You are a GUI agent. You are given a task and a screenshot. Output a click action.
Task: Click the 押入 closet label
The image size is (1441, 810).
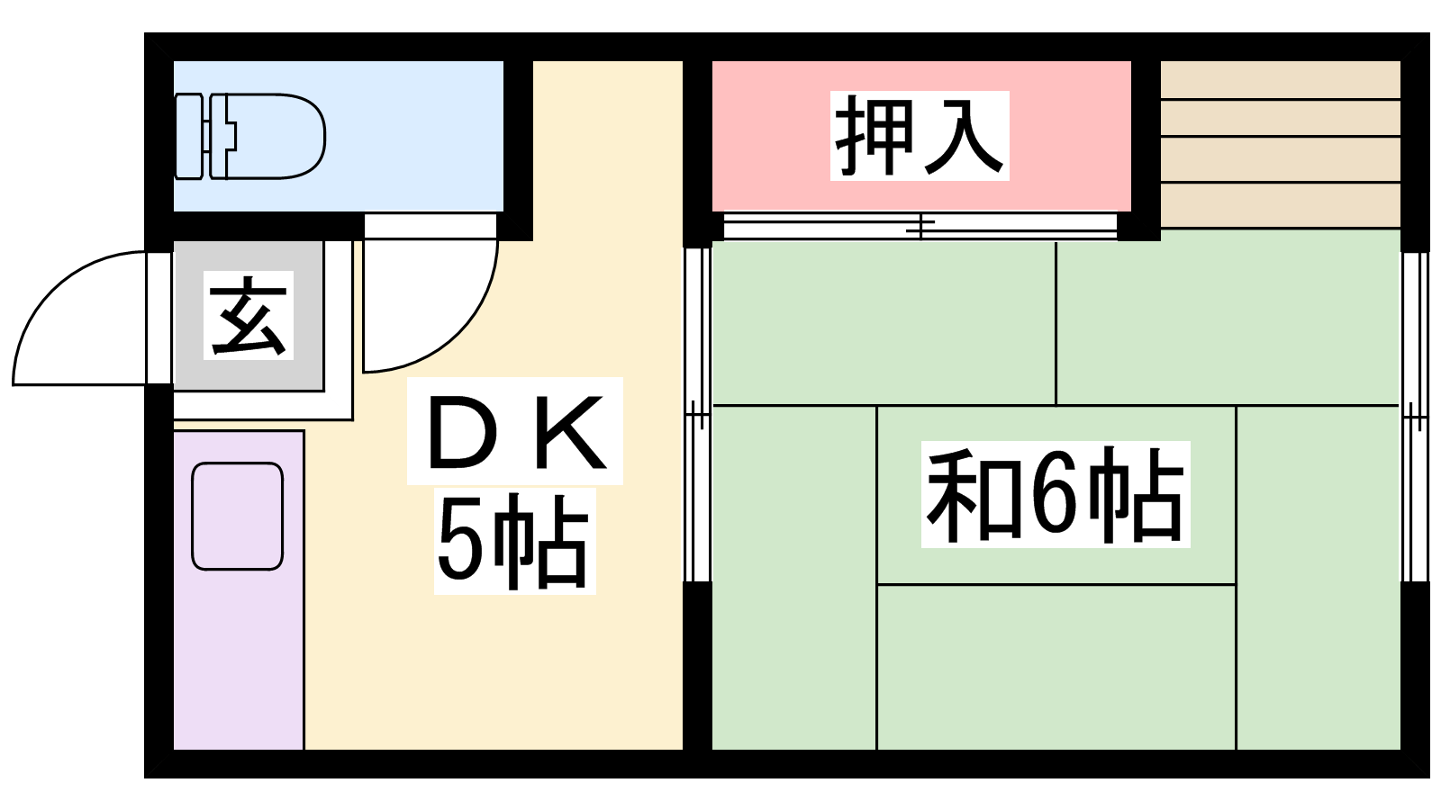click(920, 136)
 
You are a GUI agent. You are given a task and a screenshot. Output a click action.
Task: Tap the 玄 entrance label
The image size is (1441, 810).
click(249, 315)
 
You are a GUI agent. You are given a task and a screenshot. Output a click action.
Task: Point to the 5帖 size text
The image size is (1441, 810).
click(513, 542)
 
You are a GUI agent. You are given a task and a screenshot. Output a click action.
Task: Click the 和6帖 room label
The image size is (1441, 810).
click(1055, 494)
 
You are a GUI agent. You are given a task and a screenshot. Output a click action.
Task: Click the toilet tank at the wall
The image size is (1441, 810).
click(189, 136)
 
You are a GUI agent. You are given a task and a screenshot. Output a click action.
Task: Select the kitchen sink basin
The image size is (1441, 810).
click(238, 517)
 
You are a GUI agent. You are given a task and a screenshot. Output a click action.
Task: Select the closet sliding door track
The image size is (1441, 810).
click(920, 226)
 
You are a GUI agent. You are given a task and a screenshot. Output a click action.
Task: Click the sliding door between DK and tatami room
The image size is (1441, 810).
click(697, 415)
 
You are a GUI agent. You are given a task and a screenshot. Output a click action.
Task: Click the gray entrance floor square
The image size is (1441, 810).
click(249, 316)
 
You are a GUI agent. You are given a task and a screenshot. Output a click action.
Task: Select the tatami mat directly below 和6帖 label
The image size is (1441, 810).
click(1056, 667)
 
